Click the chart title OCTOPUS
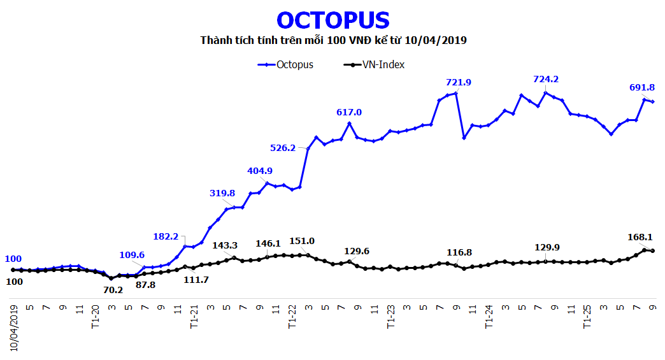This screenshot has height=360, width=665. point(333,20)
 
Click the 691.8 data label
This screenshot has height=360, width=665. point(641,87)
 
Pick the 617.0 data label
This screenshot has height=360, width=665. point(349,112)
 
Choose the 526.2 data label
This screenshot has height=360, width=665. point(283,148)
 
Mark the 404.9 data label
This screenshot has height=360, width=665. point(260,171)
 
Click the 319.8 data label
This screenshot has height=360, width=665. point(222,193)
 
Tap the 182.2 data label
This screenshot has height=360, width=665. point(166,236)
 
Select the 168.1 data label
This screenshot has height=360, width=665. point(641,237)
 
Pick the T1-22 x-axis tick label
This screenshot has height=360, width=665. point(292,315)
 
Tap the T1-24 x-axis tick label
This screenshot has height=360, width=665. point(489,315)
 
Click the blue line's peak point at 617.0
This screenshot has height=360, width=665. point(349,123)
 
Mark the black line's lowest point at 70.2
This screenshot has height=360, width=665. point(111,278)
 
